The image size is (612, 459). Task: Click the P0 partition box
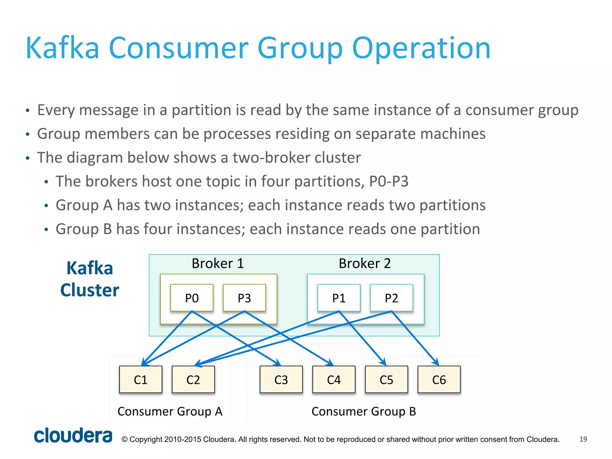(192, 298)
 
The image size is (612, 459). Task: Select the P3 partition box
(244, 298)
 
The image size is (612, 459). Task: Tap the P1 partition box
(339, 298)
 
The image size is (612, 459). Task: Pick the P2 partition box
(391, 298)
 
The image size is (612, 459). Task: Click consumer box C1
(140, 380)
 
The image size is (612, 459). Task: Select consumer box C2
(193, 380)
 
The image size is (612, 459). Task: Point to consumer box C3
(281, 380)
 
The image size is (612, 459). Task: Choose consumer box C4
(334, 380)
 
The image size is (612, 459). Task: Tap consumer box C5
(386, 380)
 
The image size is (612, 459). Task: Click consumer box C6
(439, 380)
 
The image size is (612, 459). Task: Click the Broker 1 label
(218, 264)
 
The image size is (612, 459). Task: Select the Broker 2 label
(365, 264)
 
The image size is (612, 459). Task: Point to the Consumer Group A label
(170, 411)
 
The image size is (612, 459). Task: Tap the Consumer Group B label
(364, 411)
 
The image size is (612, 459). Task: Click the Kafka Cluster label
(90, 279)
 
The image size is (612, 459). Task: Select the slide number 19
(583, 439)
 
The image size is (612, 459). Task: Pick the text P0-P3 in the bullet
(389, 181)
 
